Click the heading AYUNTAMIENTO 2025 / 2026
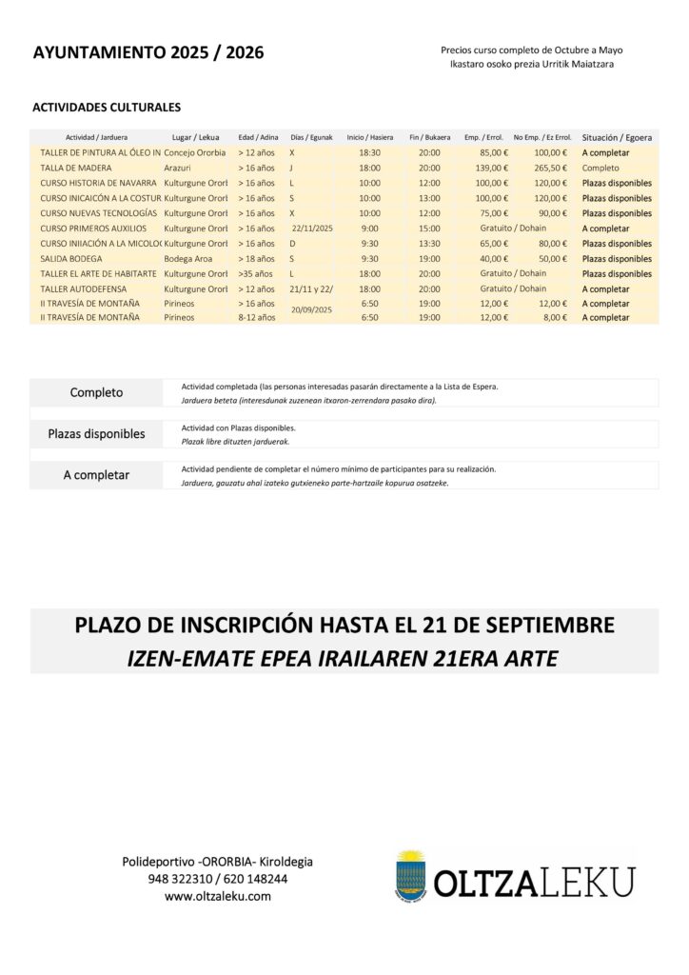(x=148, y=53)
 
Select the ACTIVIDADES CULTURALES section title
(x=107, y=108)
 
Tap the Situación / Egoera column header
(x=617, y=137)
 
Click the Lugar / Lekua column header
(x=195, y=137)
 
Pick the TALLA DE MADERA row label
(x=76, y=168)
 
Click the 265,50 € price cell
(x=550, y=168)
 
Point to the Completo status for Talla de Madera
(x=600, y=168)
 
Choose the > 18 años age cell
(x=256, y=259)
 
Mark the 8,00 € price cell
(x=553, y=317)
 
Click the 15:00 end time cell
(x=429, y=229)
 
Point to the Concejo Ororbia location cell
(x=195, y=152)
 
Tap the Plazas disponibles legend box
(x=97, y=434)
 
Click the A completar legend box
(x=97, y=475)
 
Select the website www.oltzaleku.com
(x=218, y=896)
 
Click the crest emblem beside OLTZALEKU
(x=411, y=875)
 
